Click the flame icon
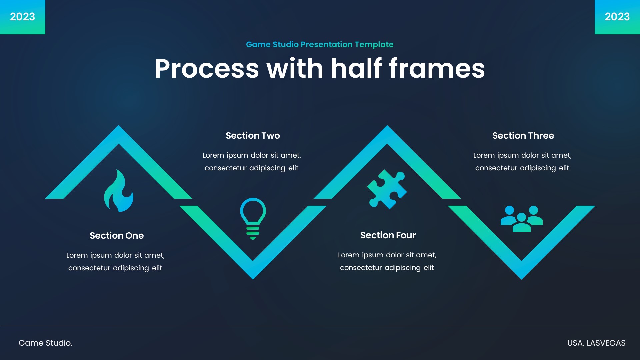119,191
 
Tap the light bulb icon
253,218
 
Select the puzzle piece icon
387,189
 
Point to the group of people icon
522,219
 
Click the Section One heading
117,236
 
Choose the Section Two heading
253,136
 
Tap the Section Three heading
523,136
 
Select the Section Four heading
388,235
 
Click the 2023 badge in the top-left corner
22,17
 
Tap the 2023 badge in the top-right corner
617,17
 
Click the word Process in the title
207,69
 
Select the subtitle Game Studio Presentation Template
320,44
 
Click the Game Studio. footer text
45,343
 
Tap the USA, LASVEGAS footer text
596,343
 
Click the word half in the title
356,69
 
